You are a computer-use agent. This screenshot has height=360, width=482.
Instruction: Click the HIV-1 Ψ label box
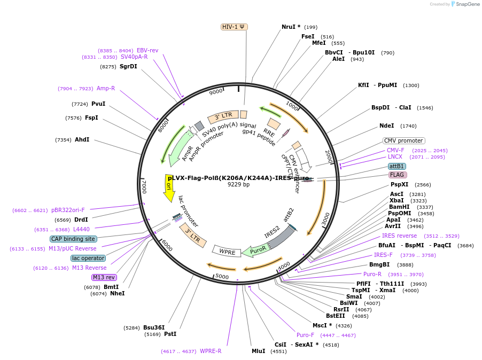pos(234,27)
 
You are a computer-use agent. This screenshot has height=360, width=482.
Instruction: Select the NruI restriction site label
pos(289,27)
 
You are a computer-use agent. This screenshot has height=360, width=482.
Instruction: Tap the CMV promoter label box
pos(403,140)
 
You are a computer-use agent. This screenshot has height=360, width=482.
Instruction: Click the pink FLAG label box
pos(397,175)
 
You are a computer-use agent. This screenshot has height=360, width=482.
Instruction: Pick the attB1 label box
pos(397,166)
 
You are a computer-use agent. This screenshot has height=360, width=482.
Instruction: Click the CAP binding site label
pos(73,239)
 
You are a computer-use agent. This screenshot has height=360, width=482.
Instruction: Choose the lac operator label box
pos(88,258)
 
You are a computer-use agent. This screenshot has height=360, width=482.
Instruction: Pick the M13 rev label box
pos(104,277)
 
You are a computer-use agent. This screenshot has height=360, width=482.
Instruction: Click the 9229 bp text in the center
pos(238,185)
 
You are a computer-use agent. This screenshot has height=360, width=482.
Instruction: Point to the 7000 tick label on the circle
pos(143,186)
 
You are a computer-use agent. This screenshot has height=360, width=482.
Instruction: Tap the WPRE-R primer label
pos(211,351)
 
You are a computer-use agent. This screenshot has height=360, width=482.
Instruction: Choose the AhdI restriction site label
pos(82,140)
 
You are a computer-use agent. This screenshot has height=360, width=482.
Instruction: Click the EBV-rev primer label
pos(147,50)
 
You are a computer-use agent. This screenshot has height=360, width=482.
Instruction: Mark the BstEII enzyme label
pos(336,316)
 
